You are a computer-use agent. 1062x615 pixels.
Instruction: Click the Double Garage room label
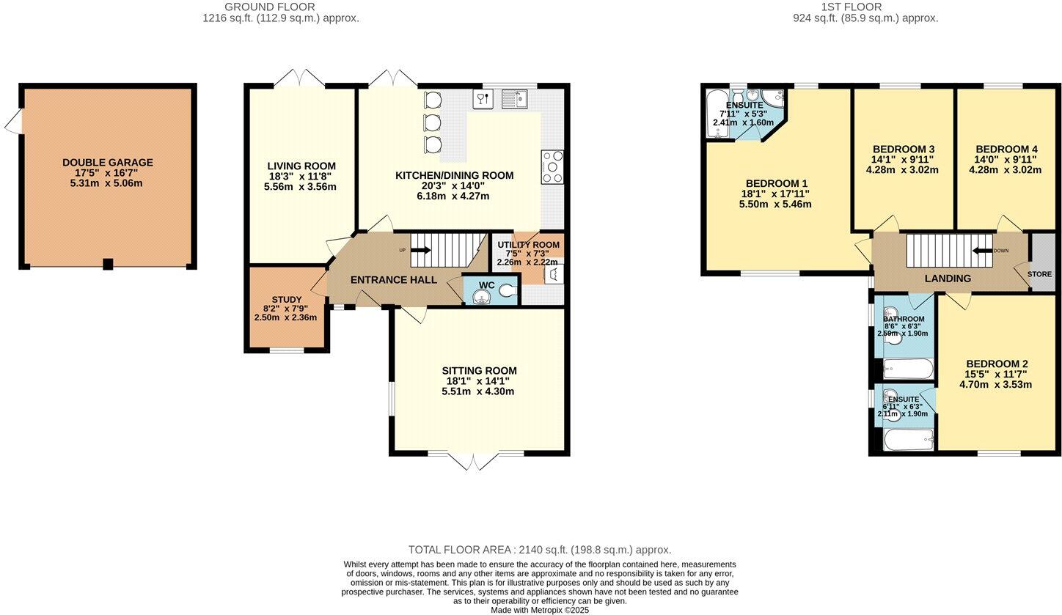[107, 163]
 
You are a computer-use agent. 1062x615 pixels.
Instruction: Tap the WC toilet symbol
[507, 291]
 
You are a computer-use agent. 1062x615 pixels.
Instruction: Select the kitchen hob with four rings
[552, 166]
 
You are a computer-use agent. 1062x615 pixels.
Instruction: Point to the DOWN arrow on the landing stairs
[981, 251]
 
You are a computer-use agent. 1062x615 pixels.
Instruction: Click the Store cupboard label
[1039, 274]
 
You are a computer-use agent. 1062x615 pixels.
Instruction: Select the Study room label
[286, 299]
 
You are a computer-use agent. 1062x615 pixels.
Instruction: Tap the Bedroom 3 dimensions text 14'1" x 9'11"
[902, 159]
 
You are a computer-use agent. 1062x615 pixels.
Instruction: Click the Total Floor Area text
[539, 550]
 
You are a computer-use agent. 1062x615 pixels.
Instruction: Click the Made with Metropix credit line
[539, 610]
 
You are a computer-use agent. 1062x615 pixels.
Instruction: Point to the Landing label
[948, 279]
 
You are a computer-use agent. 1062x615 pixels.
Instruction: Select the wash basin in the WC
[481, 296]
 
